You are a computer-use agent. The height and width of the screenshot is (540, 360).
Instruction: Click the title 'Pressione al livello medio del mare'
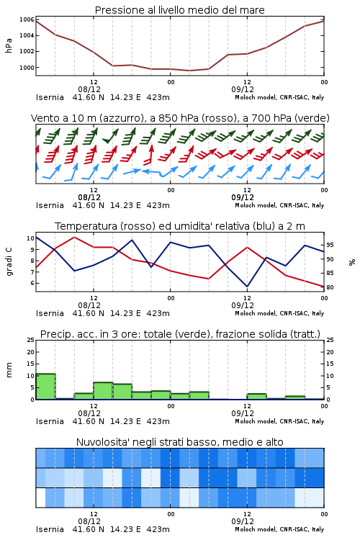click(x=179, y=10)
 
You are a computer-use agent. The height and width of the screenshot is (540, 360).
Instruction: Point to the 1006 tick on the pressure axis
click(x=27, y=19)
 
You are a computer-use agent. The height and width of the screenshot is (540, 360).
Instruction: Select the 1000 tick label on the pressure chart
click(x=27, y=68)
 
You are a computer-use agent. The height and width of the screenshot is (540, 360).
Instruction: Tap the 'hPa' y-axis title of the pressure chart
click(x=9, y=45)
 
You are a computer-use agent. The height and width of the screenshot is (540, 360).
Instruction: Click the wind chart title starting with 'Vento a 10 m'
click(x=180, y=118)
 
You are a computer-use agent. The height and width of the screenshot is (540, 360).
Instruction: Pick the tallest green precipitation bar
click(x=45, y=387)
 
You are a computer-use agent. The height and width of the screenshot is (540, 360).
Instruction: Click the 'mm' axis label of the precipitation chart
click(x=9, y=369)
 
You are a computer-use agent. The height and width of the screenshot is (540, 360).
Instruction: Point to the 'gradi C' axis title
click(x=9, y=262)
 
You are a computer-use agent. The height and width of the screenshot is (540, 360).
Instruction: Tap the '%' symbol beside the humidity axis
click(x=352, y=262)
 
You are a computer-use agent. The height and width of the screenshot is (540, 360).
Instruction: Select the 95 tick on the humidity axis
click(x=330, y=245)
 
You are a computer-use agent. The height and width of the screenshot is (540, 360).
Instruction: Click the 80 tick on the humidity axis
click(x=330, y=287)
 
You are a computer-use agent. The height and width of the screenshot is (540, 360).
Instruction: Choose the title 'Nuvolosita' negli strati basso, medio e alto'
click(x=179, y=442)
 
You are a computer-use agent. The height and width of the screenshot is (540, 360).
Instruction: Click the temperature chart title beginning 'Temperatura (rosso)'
click(x=179, y=226)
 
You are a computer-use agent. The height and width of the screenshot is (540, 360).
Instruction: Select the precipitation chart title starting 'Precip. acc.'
click(x=180, y=334)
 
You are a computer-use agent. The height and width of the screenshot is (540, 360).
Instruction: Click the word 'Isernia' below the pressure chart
click(x=50, y=97)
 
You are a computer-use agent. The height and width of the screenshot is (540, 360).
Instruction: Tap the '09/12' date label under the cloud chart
click(x=243, y=521)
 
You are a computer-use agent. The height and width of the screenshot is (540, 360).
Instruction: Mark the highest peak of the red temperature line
click(x=74, y=237)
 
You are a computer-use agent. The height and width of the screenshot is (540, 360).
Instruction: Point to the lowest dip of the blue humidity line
click(x=247, y=287)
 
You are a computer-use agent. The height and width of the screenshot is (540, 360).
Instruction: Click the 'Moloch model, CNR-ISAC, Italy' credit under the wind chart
click(x=279, y=205)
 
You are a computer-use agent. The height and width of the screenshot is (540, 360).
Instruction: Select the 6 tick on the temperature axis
click(x=32, y=283)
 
